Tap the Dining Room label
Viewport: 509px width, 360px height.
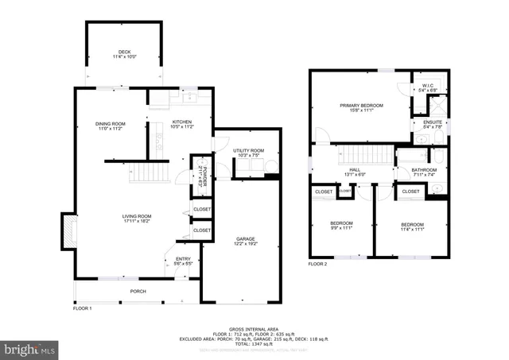coord(111,125)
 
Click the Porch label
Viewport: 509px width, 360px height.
coord(138,292)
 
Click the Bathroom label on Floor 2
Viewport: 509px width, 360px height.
coord(424,172)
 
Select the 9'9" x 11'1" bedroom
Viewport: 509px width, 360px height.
coord(341,226)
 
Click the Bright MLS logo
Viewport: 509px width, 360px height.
coord(30,348)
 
